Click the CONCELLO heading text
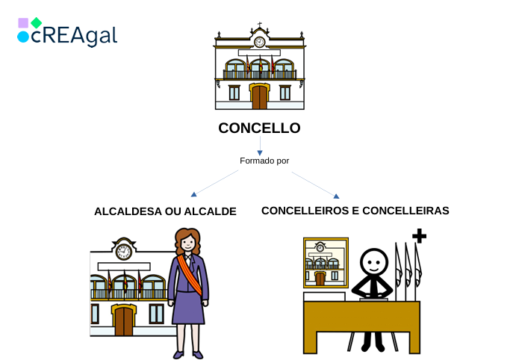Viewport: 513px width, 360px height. pyautogui.click(x=259, y=128)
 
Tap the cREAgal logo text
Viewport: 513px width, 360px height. pyautogui.click(x=75, y=35)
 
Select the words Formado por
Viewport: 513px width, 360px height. pyautogui.click(x=264, y=161)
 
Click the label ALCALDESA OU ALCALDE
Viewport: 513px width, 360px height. pyautogui.click(x=165, y=211)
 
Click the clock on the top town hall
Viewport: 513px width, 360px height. pyautogui.click(x=259, y=42)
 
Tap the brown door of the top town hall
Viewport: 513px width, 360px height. pyautogui.click(x=259, y=97)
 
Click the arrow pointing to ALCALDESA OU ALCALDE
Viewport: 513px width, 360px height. pyautogui.click(x=195, y=193)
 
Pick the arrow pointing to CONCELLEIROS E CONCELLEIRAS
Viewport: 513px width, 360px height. pyautogui.click(x=335, y=196)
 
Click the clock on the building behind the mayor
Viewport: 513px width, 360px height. pyautogui.click(x=123, y=252)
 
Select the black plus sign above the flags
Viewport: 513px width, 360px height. pyautogui.click(x=419, y=236)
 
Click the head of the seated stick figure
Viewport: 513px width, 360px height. pyautogui.click(x=374, y=262)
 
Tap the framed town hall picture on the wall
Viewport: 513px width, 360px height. pyautogui.click(x=326, y=263)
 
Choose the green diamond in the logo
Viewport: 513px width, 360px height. pyautogui.click(x=36, y=22)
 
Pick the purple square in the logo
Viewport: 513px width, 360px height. pyautogui.click(x=23, y=22)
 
